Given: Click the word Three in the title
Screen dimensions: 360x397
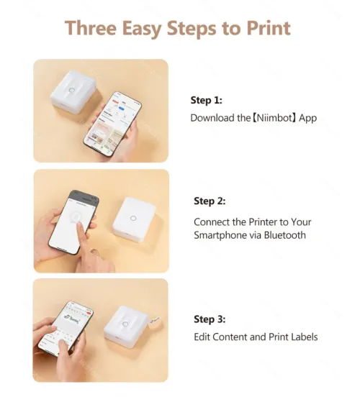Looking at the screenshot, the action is pos(91,28).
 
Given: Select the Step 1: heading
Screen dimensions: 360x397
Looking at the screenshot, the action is pos(207,100).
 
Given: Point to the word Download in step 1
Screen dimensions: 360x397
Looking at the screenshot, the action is pos(213,118).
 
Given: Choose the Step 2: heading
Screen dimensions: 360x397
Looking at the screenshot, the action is pos(210,201).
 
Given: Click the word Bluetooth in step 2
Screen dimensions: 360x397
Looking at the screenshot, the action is pos(284,235).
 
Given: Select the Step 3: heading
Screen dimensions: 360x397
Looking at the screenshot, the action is pos(210,319).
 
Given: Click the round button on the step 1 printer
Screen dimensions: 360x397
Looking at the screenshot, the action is pos(72,91).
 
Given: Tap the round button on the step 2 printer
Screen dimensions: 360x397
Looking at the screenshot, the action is pos(133,218).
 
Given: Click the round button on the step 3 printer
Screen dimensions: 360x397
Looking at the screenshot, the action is pos(125,324).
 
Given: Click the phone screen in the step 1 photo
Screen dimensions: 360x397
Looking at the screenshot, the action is pos(112,124).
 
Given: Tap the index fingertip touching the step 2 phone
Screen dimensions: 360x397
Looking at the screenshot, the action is pos(80,224).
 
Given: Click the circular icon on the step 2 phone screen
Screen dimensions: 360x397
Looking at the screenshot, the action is pos(76,217).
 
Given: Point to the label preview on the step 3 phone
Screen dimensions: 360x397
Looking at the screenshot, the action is pos(73,319).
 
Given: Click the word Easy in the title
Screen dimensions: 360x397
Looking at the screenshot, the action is pos(141,28).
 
